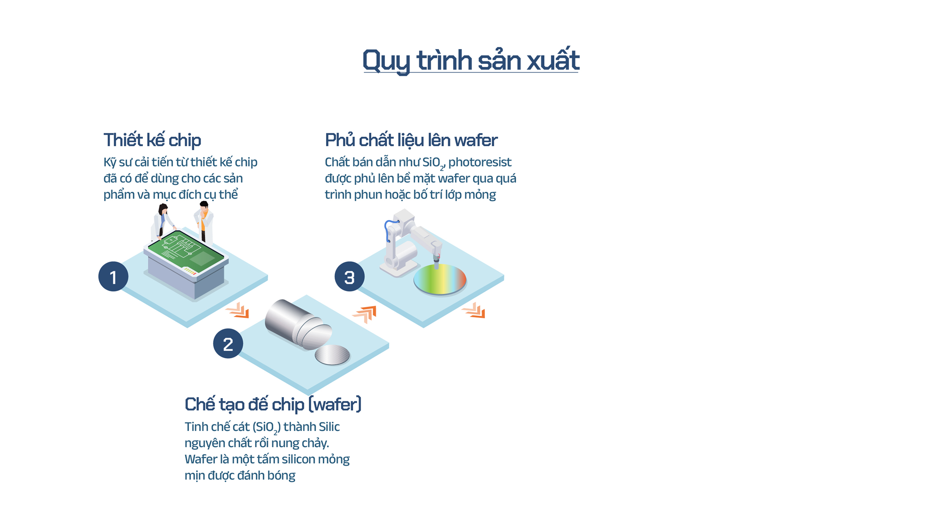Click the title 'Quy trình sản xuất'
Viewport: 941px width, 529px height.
point(471,60)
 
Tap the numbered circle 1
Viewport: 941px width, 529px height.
point(113,276)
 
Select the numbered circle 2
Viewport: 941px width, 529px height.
point(228,343)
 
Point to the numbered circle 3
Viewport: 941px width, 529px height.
point(349,276)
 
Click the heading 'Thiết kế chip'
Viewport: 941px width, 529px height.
point(152,140)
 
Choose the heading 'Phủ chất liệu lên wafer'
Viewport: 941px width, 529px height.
point(411,140)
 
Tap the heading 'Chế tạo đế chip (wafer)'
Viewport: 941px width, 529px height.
point(273,404)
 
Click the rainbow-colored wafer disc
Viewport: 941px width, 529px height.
point(440,279)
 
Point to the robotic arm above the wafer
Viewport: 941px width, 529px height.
point(410,242)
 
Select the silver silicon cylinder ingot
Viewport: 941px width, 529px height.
point(298,323)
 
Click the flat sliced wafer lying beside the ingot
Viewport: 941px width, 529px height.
point(332,355)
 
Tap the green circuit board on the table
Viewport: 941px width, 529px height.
point(186,252)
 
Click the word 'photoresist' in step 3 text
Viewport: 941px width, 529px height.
point(480,162)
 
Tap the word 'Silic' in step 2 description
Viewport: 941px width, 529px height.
point(329,427)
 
